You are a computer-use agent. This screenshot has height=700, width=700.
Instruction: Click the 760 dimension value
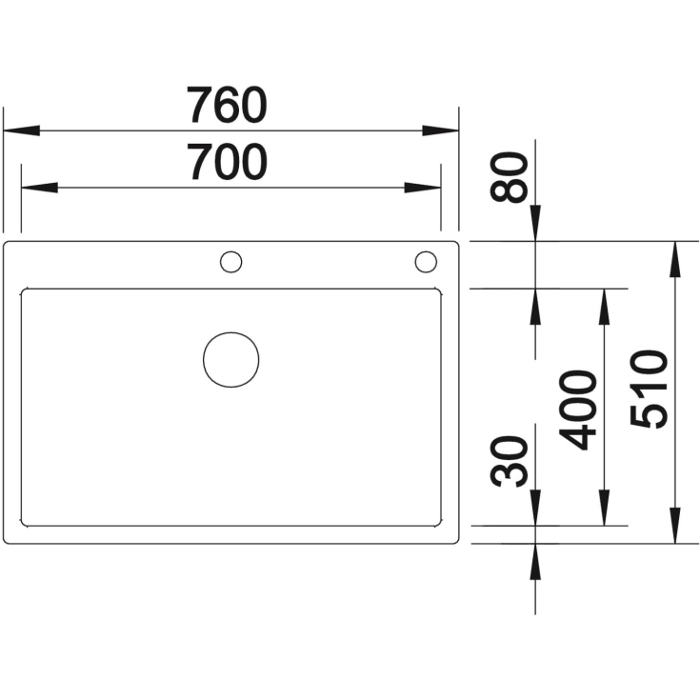[x=227, y=106]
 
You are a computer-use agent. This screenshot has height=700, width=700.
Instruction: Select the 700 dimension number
[x=227, y=162]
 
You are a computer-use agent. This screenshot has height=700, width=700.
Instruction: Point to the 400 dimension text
[x=578, y=410]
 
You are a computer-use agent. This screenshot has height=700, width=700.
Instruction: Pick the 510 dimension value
[x=649, y=390]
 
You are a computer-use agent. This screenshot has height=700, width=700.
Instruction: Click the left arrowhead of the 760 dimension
[x=21, y=130]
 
